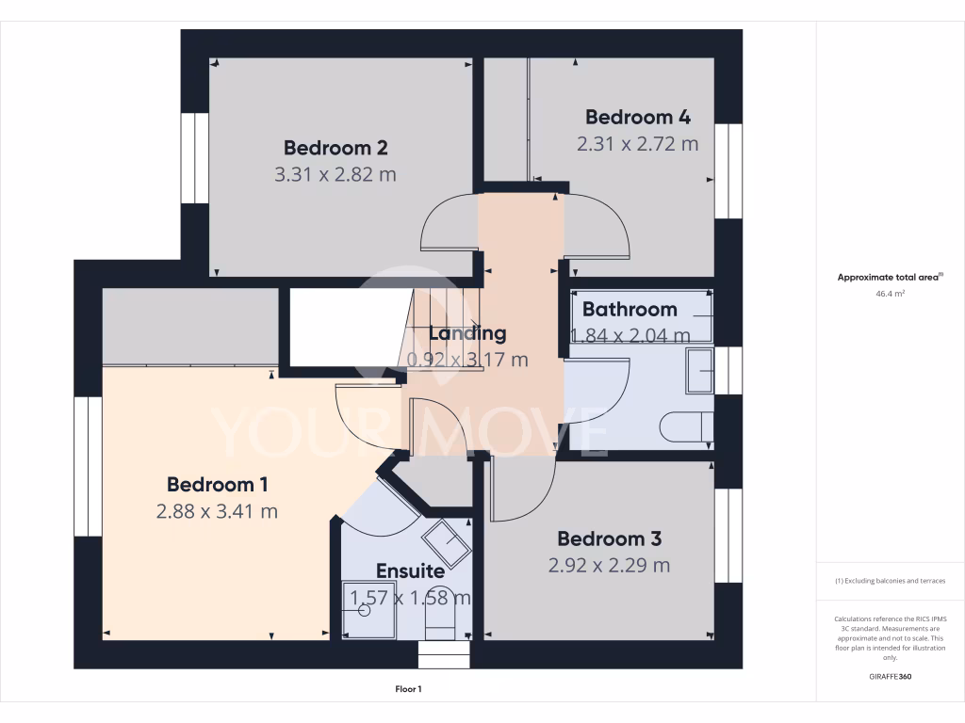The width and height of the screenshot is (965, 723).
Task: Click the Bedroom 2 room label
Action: tap(335, 148)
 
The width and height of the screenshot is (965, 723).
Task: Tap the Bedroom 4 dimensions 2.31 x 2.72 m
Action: tap(637, 144)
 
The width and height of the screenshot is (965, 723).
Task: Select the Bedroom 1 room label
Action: tap(218, 485)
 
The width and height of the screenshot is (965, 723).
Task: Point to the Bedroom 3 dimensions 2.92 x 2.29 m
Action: tap(610, 565)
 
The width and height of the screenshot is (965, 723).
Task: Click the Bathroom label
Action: tap(630, 309)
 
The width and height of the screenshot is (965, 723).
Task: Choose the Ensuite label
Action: tap(410, 570)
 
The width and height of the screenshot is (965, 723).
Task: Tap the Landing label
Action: tap(467, 333)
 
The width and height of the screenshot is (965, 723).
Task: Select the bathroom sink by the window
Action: tap(699, 370)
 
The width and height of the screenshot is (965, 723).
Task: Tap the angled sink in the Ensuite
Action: tap(445, 543)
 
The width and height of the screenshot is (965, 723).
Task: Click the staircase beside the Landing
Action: tap(443, 329)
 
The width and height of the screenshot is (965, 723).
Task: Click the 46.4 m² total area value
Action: tap(890, 294)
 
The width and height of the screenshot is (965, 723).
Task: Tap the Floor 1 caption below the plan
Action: tap(408, 690)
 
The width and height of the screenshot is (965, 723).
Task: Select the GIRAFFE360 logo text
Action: tap(891, 677)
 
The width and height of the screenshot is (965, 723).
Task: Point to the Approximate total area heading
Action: tap(889, 277)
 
